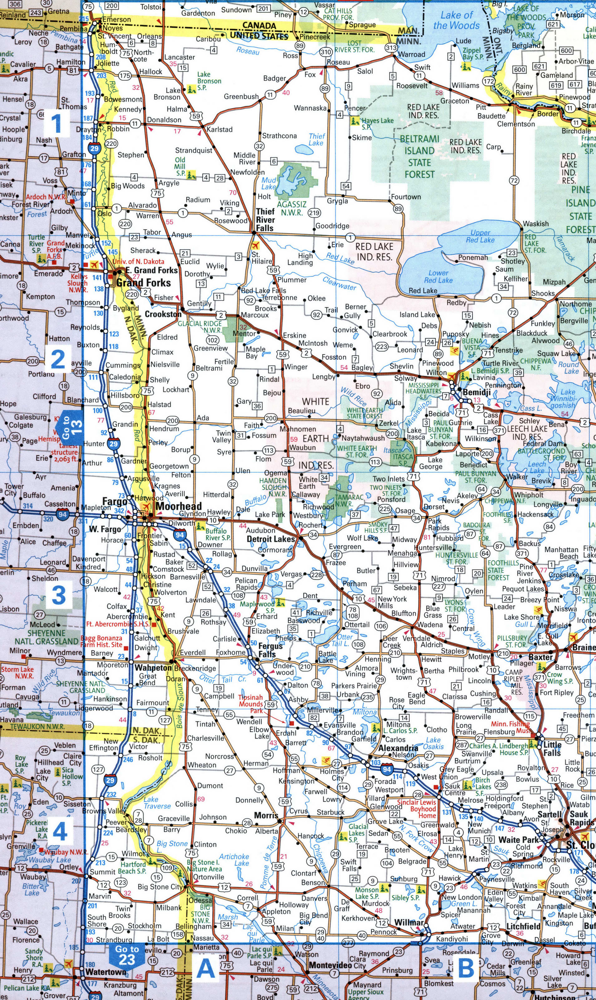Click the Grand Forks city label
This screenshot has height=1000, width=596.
(143, 283)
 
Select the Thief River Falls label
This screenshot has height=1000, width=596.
(266, 220)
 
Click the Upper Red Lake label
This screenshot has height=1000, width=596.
(480, 236)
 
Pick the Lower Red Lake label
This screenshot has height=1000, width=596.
(438, 276)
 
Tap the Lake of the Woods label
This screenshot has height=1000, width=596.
(457, 20)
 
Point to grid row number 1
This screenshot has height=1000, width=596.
(56, 123)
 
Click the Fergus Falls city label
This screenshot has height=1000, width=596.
(270, 650)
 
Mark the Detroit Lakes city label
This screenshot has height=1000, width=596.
(271, 539)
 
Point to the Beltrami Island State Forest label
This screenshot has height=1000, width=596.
(419, 157)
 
